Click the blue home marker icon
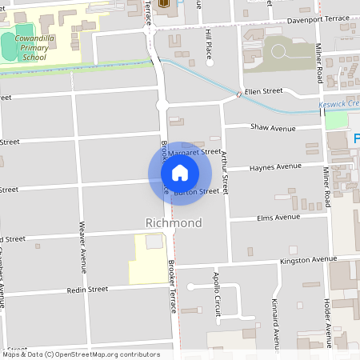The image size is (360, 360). pos(180,173)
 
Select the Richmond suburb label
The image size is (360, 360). pos(174,222)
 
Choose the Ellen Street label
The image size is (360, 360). pos(264,92)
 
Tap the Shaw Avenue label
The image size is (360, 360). pos(273,127)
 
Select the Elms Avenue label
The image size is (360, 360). pos(277,217)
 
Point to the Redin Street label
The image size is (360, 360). pos(87,290)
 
